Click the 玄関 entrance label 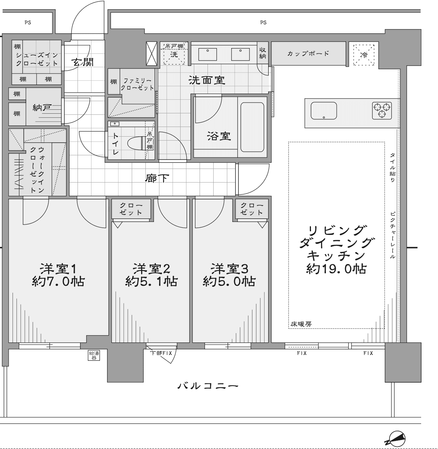coord(82,62)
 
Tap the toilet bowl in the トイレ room coord(136,143)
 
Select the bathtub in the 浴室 coord(252,127)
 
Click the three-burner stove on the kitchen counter coord(382,110)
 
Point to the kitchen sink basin coord(323,111)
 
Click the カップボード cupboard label coord(308,53)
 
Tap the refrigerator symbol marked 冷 coord(364,55)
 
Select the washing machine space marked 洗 coord(174,55)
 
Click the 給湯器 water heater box coord(94,355)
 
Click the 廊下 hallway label coord(157,178)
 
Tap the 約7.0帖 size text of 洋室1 coord(58,282)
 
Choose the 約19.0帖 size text coord(336,269)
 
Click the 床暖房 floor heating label coord(301,324)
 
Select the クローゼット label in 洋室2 coord(131,209)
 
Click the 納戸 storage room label coord(42,107)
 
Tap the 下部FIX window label coord(161,353)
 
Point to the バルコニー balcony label coord(208,386)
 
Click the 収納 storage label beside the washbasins coord(263,53)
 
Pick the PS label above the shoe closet coord(28,22)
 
